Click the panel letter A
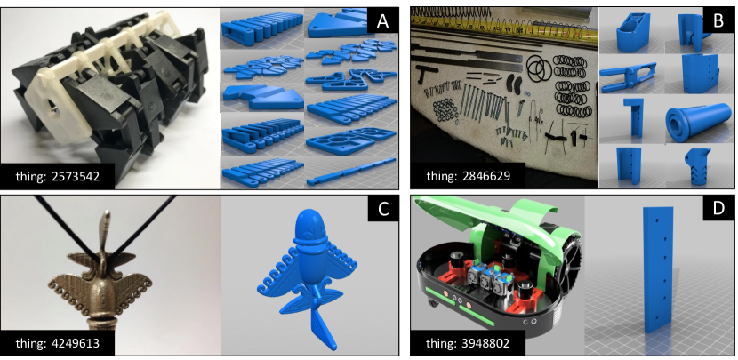(382, 22)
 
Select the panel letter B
(718, 21)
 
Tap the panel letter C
(382, 210)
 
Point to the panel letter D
(718, 209)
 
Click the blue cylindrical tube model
(697, 124)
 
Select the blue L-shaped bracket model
(631, 119)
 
